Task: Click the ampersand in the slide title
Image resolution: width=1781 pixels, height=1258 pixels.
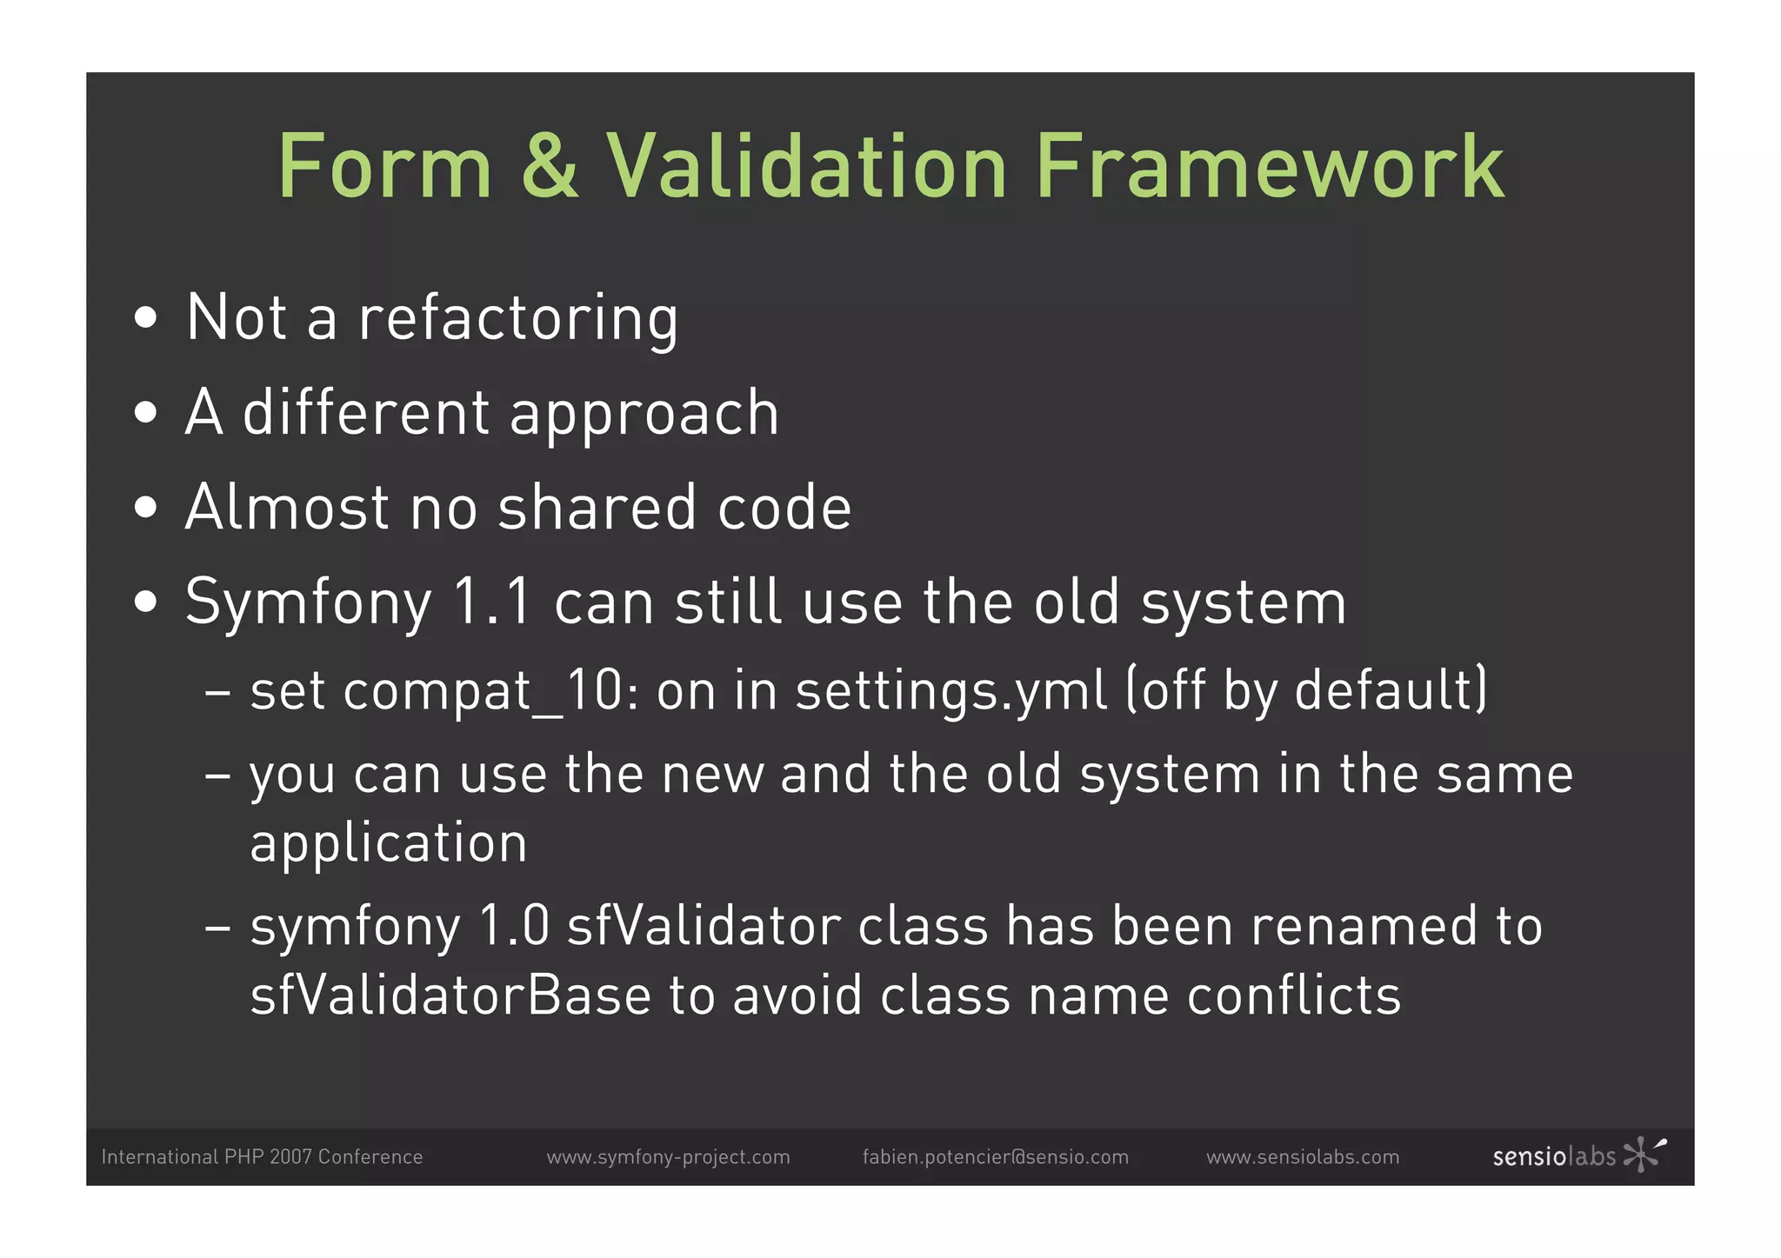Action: point(550,167)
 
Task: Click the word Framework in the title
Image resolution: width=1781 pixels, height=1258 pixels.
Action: point(1270,167)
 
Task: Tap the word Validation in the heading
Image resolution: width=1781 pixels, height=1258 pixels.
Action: point(805,167)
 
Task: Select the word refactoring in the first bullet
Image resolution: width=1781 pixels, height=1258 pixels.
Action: point(518,318)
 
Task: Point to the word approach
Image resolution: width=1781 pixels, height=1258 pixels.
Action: point(644,414)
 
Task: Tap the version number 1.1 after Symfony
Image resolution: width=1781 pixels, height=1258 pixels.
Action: point(492,602)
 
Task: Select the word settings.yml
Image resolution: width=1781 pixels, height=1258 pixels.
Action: point(951,691)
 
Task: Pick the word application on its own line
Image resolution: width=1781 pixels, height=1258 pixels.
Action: point(389,843)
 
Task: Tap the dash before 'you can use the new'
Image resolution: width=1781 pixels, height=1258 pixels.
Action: point(217,774)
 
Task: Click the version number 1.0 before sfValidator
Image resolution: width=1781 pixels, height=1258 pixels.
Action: point(514,926)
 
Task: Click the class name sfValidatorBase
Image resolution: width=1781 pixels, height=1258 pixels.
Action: point(450,995)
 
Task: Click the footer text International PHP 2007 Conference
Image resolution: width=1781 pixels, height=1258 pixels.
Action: point(262,1157)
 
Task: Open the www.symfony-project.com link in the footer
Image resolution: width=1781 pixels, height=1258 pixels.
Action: point(668,1157)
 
